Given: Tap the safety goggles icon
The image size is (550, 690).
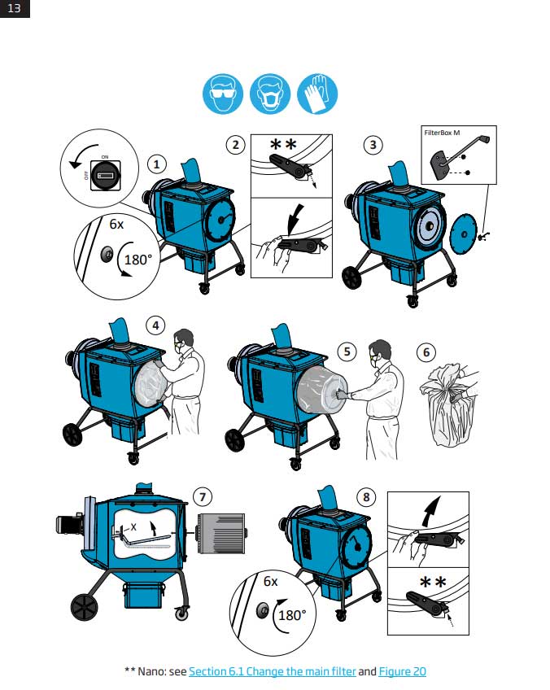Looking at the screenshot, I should pyautogui.click(x=222, y=95).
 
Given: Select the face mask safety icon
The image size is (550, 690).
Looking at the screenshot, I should pyautogui.click(x=270, y=95).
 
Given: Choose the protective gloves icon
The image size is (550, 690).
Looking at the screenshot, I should pyautogui.click(x=317, y=95).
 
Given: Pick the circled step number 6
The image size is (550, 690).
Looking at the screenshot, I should pyautogui.click(x=426, y=352).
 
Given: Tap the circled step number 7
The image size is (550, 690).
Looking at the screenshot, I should pyautogui.click(x=203, y=496).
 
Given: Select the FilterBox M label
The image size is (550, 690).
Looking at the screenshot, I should pyautogui.click(x=443, y=131).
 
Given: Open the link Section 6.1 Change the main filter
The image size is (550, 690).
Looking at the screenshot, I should pyautogui.click(x=272, y=671).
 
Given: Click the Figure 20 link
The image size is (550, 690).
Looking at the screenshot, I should pyautogui.click(x=402, y=671).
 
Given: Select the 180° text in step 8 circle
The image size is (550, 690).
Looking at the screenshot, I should pyautogui.click(x=292, y=614).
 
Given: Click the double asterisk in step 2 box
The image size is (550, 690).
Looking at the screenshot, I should pyautogui.click(x=284, y=145).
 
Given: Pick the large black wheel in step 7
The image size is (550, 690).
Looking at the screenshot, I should pyautogui.click(x=83, y=606).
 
